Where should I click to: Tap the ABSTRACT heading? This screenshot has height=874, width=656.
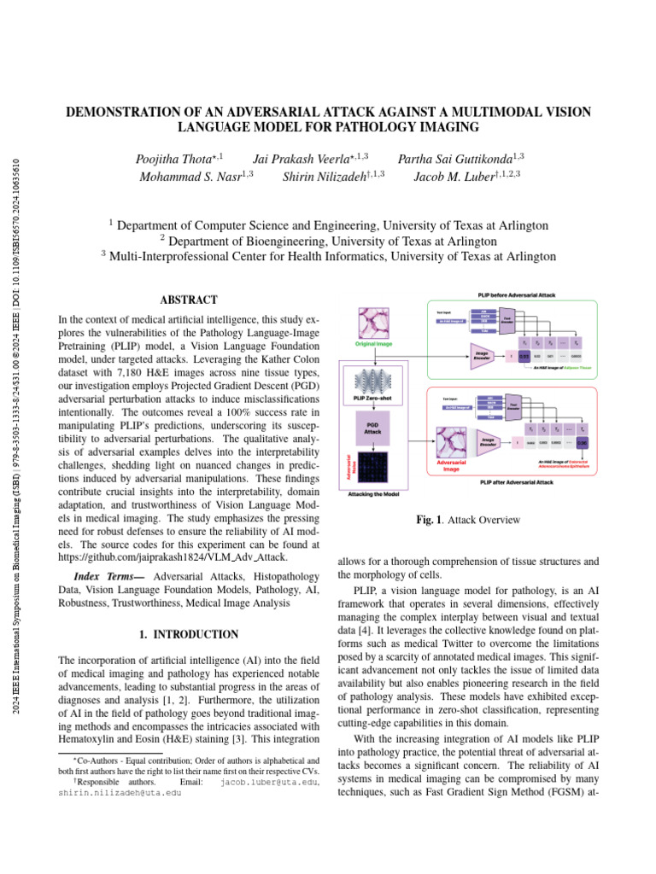[x=189, y=300]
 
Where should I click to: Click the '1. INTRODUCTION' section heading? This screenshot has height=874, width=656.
[x=189, y=634]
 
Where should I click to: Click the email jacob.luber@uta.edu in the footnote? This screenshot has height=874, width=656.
[x=268, y=781]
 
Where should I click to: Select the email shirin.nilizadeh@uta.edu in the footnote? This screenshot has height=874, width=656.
[x=120, y=792]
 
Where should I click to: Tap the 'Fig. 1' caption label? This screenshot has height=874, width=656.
[x=426, y=519]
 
